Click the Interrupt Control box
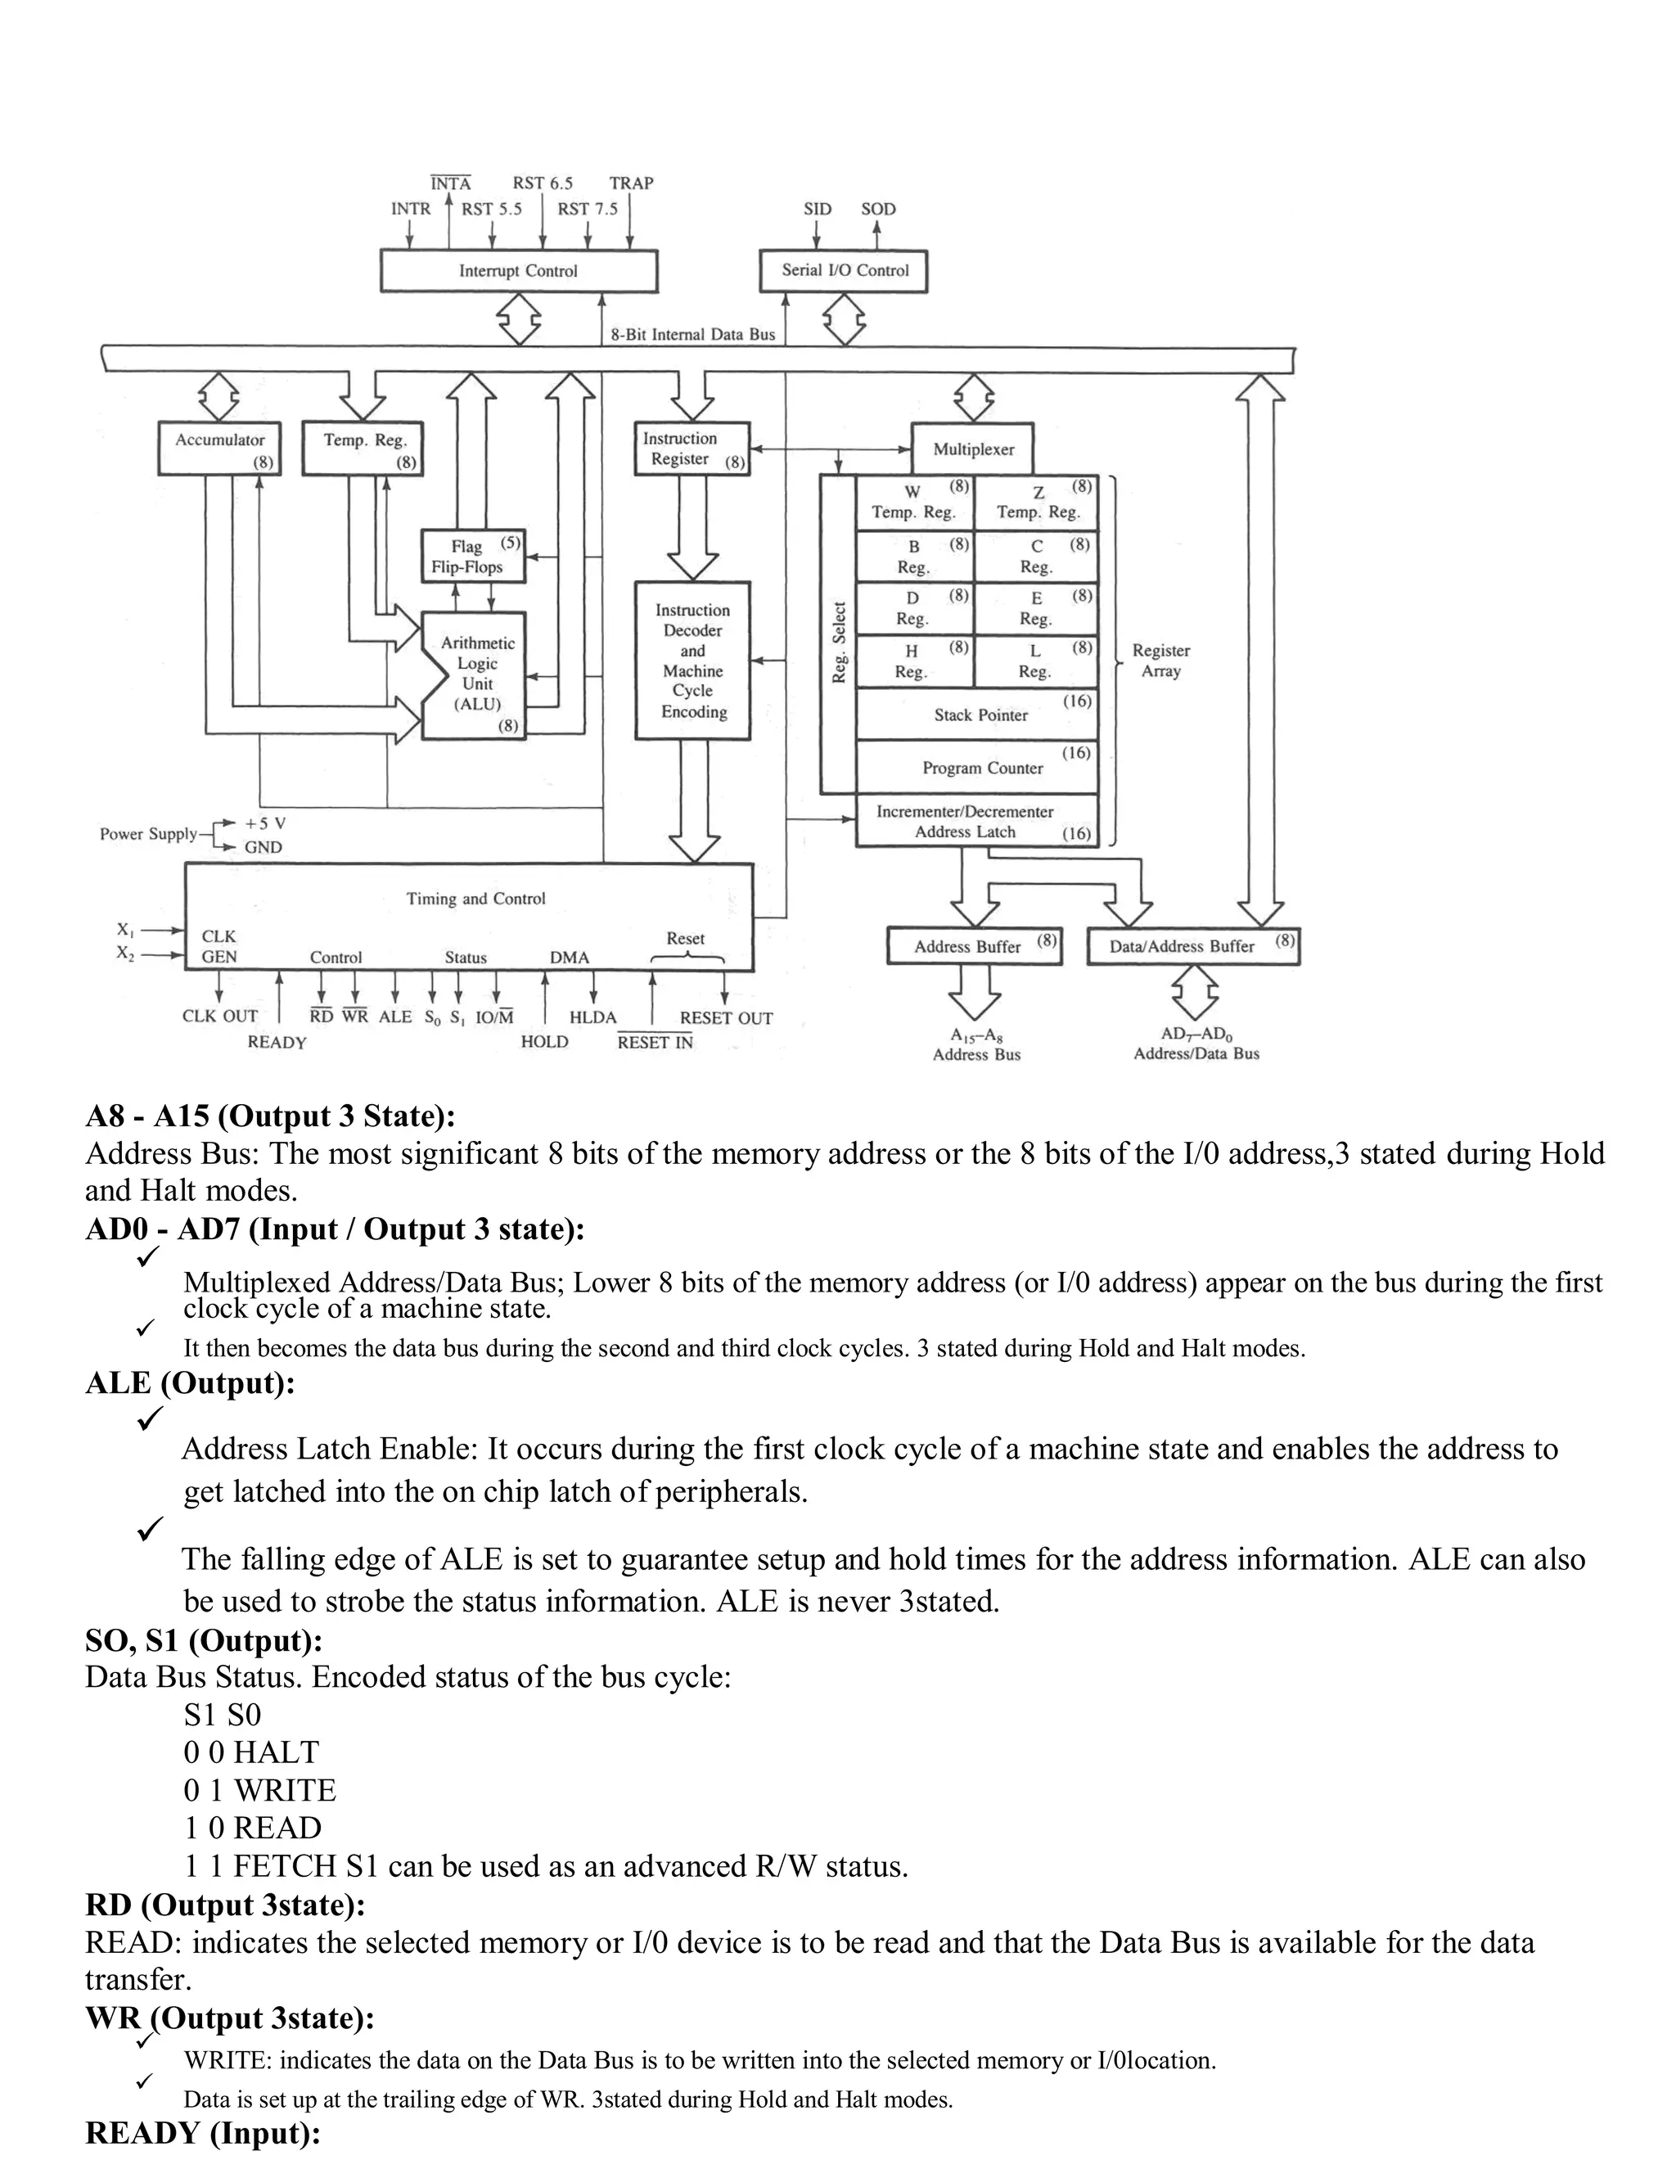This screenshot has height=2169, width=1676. point(518,271)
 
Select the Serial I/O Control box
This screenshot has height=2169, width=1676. point(844,270)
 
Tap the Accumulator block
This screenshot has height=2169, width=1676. point(219,448)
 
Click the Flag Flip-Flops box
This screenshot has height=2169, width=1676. point(473,556)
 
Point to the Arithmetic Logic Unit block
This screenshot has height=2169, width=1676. point(475,674)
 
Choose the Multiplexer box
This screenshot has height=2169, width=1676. point(973,449)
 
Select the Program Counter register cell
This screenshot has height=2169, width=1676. point(981,768)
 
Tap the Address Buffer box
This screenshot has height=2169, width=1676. point(973,946)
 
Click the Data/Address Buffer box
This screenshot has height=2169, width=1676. point(1192,946)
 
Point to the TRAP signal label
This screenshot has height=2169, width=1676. point(632,183)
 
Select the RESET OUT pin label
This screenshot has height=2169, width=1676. point(726,1018)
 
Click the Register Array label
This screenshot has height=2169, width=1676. point(1160,661)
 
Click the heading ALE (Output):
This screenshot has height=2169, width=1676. point(190,1383)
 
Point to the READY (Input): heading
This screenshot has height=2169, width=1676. point(203,2133)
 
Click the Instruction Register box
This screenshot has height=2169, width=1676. point(691,449)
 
